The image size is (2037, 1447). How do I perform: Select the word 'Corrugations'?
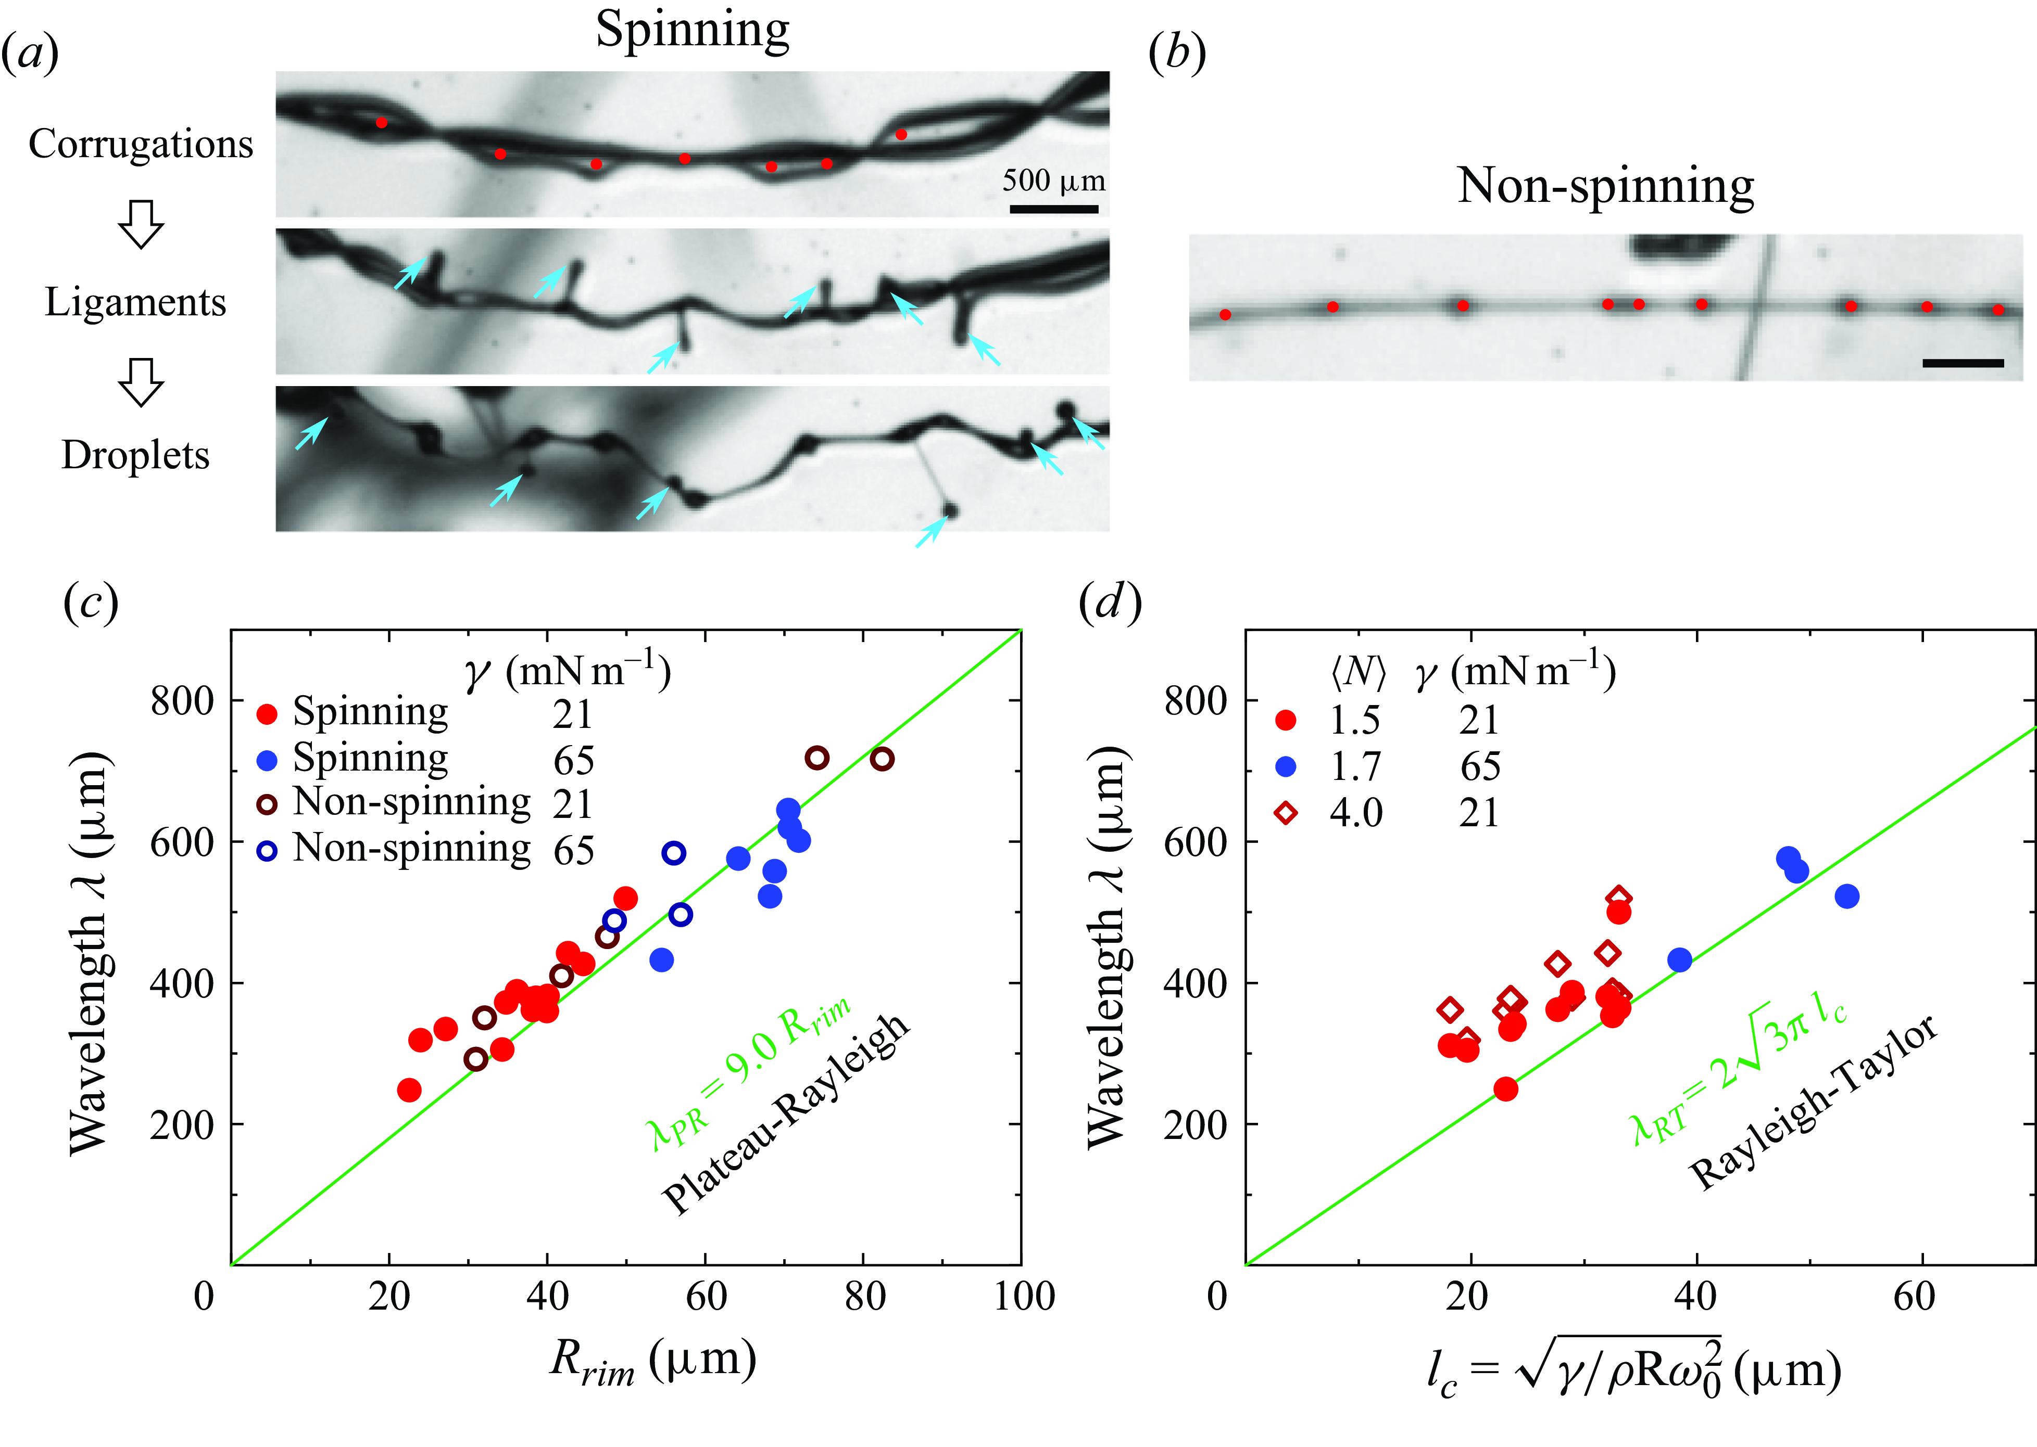[141, 144]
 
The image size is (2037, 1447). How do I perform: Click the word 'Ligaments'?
[135, 303]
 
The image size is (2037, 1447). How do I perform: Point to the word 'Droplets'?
[135, 455]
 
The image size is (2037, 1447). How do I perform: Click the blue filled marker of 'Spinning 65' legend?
[267, 760]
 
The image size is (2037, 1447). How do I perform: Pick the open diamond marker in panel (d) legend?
[1286, 813]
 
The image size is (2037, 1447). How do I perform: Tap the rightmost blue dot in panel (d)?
[1847, 897]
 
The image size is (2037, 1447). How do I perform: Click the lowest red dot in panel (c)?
[409, 1090]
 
